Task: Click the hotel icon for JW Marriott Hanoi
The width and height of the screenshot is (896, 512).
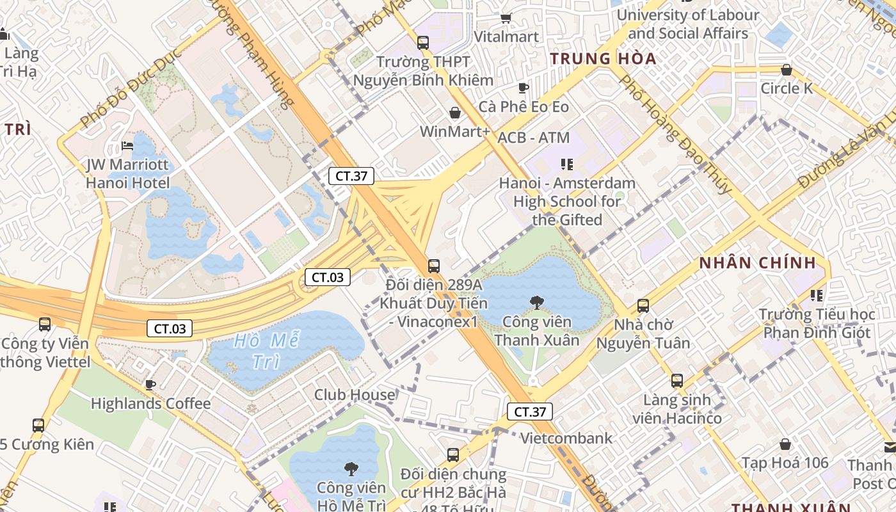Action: click(x=127, y=146)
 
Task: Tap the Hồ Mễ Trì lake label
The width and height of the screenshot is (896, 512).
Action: click(x=267, y=350)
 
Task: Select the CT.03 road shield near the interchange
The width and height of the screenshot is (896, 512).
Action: click(x=328, y=277)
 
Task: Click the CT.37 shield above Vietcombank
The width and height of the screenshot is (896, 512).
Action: click(x=530, y=412)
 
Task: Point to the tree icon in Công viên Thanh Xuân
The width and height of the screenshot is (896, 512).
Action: click(x=536, y=302)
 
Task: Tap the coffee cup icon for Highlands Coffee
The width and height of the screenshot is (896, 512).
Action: click(x=150, y=385)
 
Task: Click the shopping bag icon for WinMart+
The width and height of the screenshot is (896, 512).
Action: click(x=455, y=113)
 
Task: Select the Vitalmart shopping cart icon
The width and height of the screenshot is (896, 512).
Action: click(x=506, y=18)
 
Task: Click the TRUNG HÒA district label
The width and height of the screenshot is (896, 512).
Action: click(x=604, y=59)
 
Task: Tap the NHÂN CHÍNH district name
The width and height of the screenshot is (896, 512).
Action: click(x=758, y=262)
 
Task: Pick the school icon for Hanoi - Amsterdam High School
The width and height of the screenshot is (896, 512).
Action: click(x=566, y=164)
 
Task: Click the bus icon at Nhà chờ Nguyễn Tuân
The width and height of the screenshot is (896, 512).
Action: click(x=643, y=306)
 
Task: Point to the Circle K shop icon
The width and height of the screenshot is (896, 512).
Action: click(x=787, y=69)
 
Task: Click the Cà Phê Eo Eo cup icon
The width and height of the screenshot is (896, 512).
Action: click(x=524, y=88)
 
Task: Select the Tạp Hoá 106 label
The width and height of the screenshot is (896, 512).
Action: click(x=785, y=462)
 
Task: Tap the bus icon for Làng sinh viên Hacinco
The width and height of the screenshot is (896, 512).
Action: click(x=677, y=381)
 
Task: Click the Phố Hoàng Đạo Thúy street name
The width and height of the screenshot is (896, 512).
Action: click(x=675, y=134)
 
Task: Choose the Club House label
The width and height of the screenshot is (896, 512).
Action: click(x=355, y=395)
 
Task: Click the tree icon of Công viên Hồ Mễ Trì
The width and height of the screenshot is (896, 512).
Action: click(x=351, y=469)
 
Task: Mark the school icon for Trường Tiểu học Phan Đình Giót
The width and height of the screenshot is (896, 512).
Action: click(x=817, y=295)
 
